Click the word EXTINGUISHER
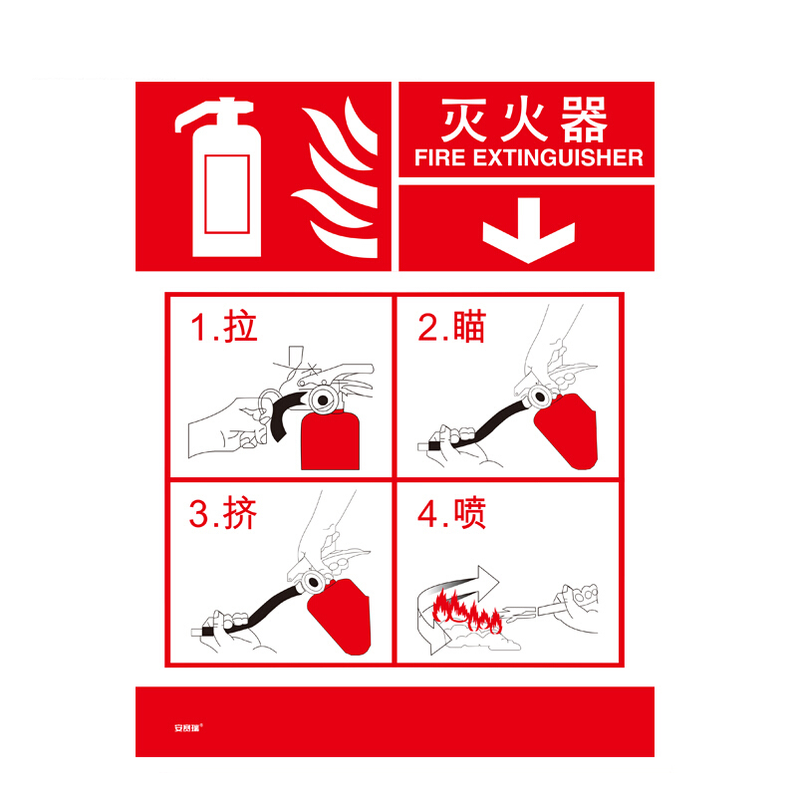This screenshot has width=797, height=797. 558,157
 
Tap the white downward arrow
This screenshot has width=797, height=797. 529,230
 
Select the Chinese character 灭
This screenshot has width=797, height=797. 464,120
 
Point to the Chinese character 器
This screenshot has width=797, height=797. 584,120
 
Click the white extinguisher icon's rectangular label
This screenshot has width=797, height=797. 227,193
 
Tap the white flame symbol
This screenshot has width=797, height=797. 337,177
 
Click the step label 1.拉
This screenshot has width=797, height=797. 223,326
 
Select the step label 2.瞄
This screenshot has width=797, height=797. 452,326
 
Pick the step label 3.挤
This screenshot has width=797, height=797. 223,513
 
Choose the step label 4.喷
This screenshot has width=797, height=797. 452,513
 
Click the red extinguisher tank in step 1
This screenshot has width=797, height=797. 331,440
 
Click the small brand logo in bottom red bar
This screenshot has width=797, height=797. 188,728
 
